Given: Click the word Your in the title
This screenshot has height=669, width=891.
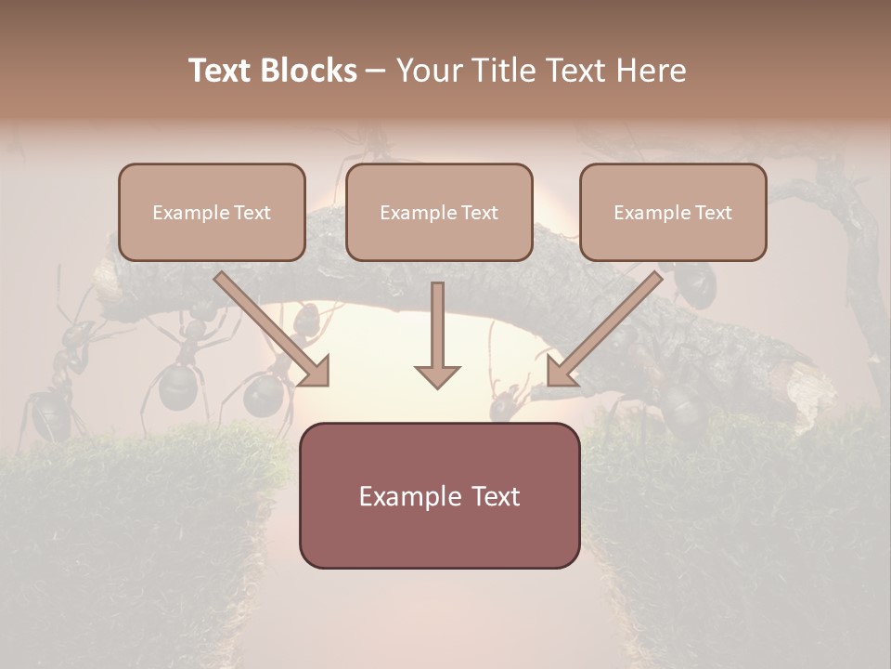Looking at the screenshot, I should (424, 71).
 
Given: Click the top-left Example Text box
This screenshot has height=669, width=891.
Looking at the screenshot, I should (212, 213).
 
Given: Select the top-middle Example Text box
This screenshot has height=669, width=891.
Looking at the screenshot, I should (439, 213).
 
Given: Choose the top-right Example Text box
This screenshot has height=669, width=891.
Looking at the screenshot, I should (673, 213).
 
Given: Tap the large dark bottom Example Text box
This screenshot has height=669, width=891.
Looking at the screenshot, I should (439, 495).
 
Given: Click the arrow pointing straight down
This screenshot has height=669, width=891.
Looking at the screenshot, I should (437, 334).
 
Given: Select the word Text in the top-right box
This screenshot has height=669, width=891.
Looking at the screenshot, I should (712, 213).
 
